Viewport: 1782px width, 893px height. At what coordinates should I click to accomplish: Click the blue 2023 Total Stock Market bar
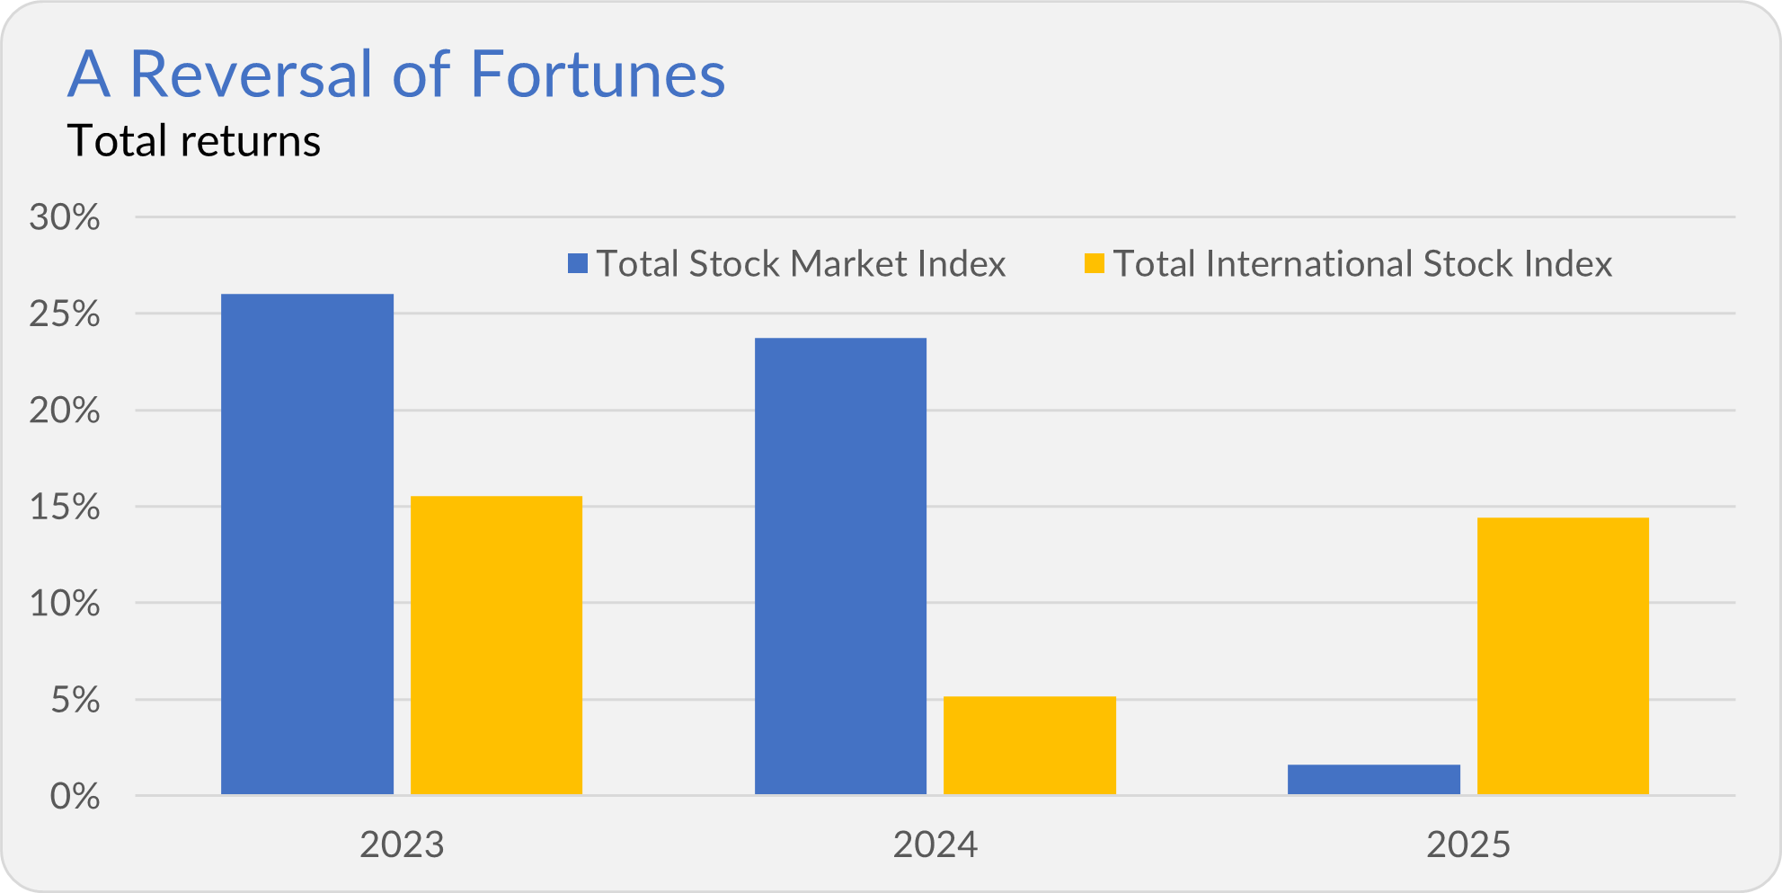pyautogui.click(x=307, y=544)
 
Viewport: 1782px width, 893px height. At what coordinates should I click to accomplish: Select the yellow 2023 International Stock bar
pyautogui.click(x=496, y=645)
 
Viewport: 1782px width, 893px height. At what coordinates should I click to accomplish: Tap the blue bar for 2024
pyautogui.click(x=840, y=566)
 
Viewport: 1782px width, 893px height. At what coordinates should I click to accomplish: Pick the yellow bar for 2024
pyautogui.click(x=1030, y=746)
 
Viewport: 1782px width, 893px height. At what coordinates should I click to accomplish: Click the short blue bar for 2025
pyautogui.click(x=1374, y=780)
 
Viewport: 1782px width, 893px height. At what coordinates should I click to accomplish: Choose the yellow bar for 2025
pyautogui.click(x=1563, y=656)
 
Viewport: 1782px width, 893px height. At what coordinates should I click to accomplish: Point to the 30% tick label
pyautogui.click(x=65, y=217)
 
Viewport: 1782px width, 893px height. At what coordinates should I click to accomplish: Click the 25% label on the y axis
pyautogui.click(x=65, y=314)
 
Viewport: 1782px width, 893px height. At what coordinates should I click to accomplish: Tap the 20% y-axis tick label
pyautogui.click(x=65, y=411)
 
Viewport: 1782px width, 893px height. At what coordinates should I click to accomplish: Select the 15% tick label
pyautogui.click(x=65, y=507)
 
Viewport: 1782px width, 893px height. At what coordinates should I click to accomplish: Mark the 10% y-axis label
pyautogui.click(x=65, y=603)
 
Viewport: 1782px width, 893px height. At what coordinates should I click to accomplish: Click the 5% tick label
pyautogui.click(x=75, y=700)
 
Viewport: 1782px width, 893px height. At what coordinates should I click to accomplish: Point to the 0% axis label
pyautogui.click(x=75, y=796)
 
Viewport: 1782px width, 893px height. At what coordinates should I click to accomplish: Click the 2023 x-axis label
pyautogui.click(x=402, y=844)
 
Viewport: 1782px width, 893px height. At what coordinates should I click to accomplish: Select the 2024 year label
pyautogui.click(x=935, y=844)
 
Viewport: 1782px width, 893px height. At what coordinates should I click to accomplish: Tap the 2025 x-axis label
pyautogui.click(x=1468, y=844)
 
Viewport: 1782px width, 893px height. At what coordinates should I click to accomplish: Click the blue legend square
pyautogui.click(x=578, y=263)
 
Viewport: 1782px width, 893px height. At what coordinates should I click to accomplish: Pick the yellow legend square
pyautogui.click(x=1095, y=263)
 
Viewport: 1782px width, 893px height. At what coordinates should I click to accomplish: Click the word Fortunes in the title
pyautogui.click(x=598, y=74)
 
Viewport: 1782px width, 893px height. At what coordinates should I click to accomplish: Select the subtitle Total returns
pyautogui.click(x=194, y=141)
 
